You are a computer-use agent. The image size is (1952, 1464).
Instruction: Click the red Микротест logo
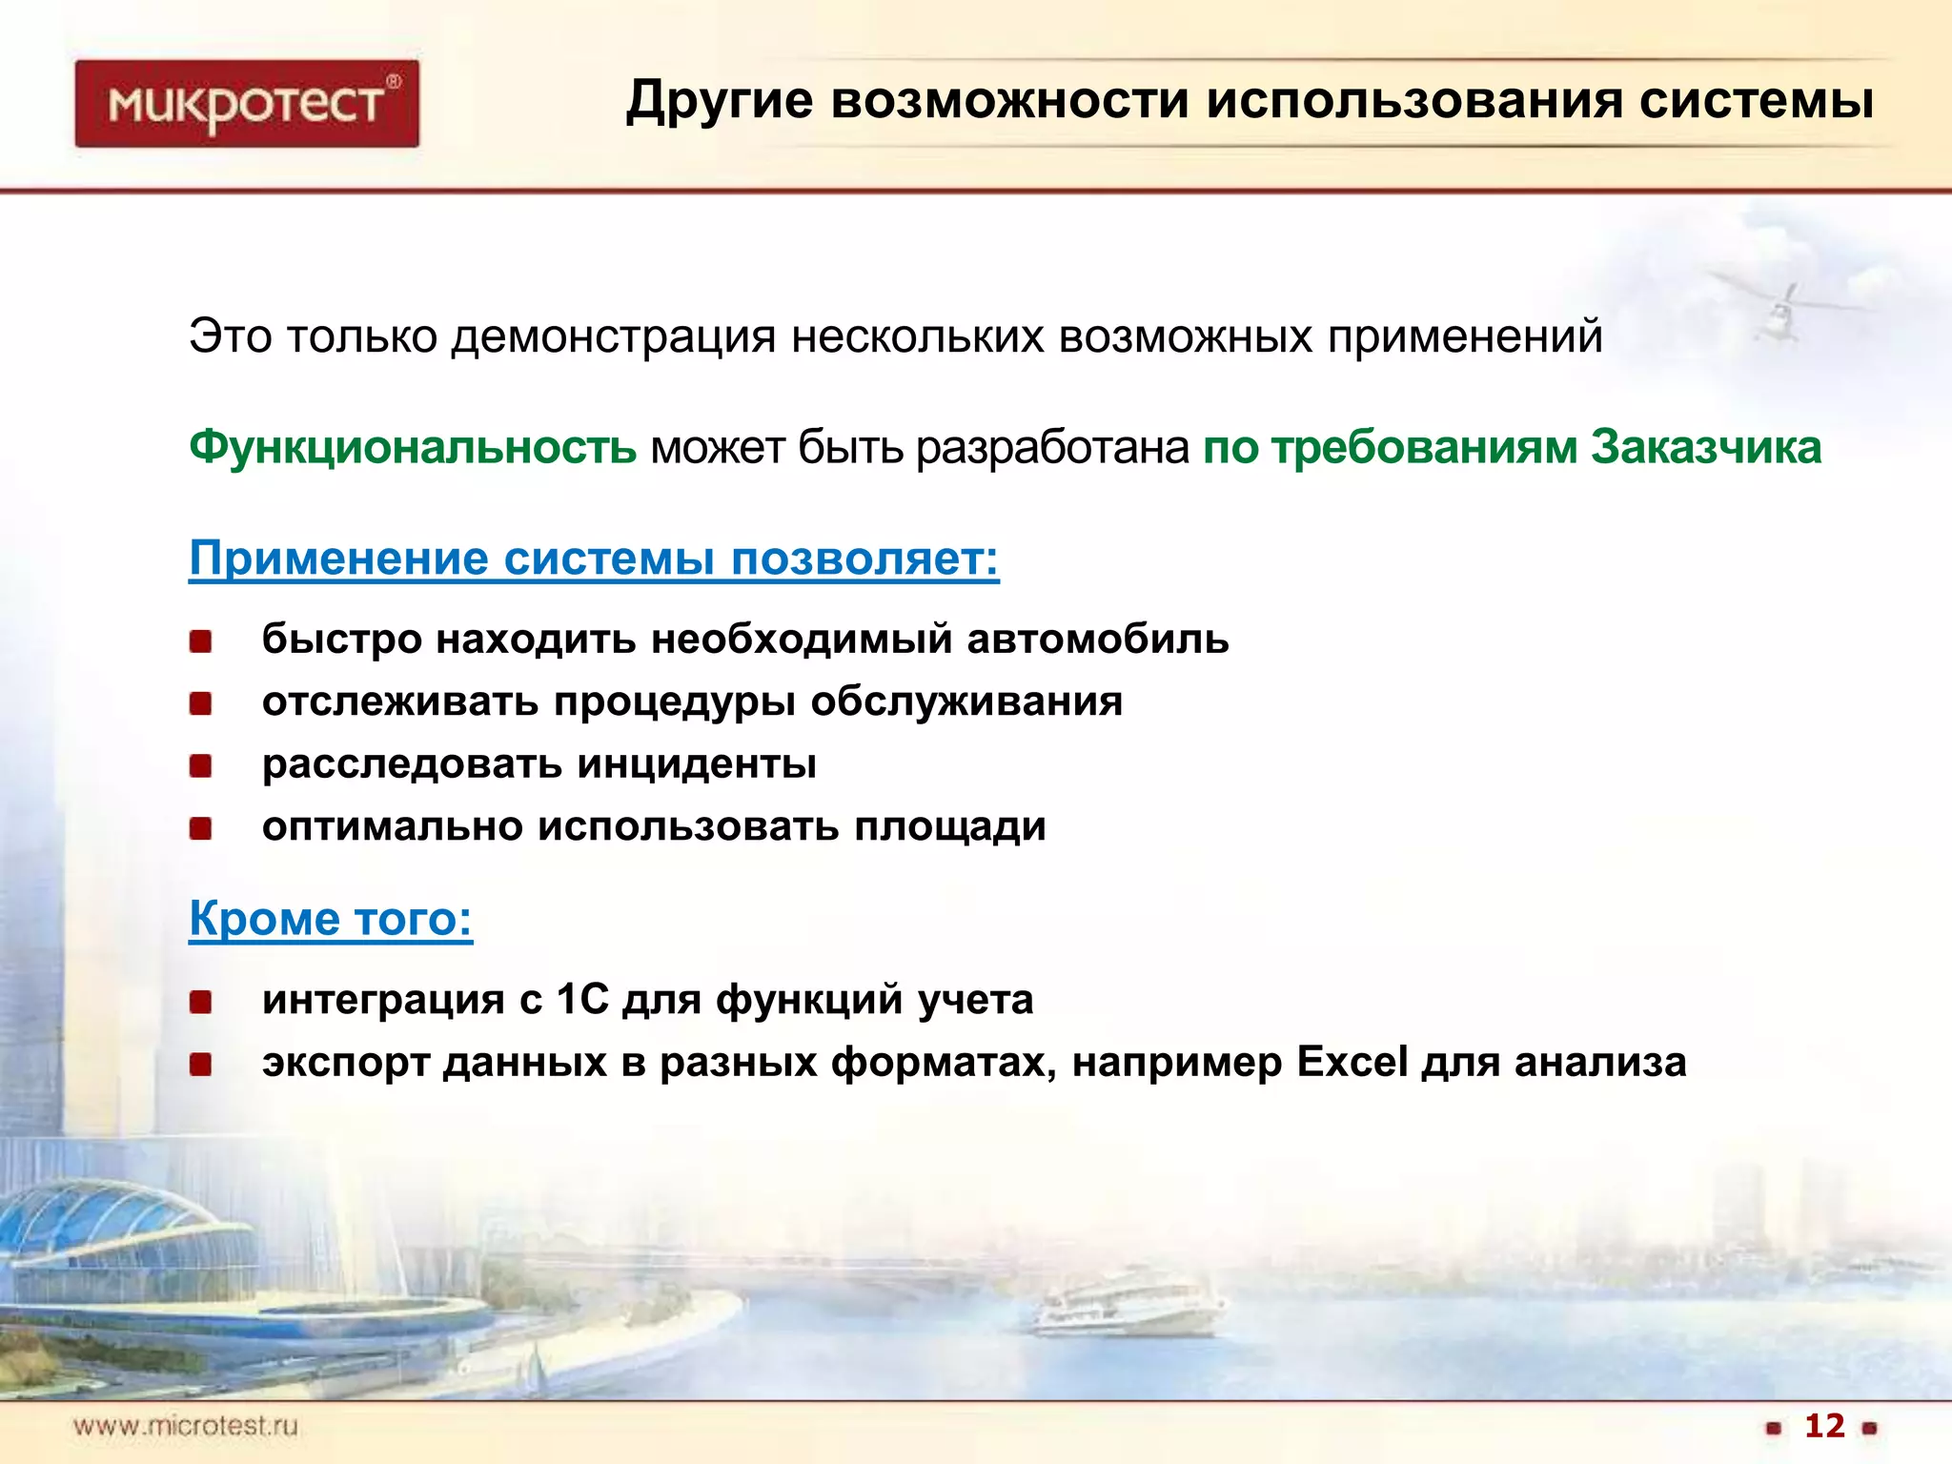[247, 103]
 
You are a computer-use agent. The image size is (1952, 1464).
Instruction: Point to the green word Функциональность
[412, 447]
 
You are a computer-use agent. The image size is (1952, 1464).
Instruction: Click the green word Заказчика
[1706, 447]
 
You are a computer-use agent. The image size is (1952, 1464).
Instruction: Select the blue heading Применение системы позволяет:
[594, 558]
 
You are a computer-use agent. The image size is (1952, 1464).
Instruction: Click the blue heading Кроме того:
[331, 918]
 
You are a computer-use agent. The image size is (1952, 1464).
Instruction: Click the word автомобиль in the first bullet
[1097, 639]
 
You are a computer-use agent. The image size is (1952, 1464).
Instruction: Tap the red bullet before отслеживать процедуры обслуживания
[200, 703]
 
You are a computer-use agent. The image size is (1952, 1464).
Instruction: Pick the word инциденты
[697, 763]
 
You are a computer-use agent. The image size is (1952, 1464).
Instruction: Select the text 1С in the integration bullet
[581, 999]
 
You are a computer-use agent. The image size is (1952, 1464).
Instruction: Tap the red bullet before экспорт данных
[200, 1064]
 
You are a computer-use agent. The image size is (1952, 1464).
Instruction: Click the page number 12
[1824, 1426]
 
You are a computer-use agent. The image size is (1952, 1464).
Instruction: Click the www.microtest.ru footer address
[186, 1426]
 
